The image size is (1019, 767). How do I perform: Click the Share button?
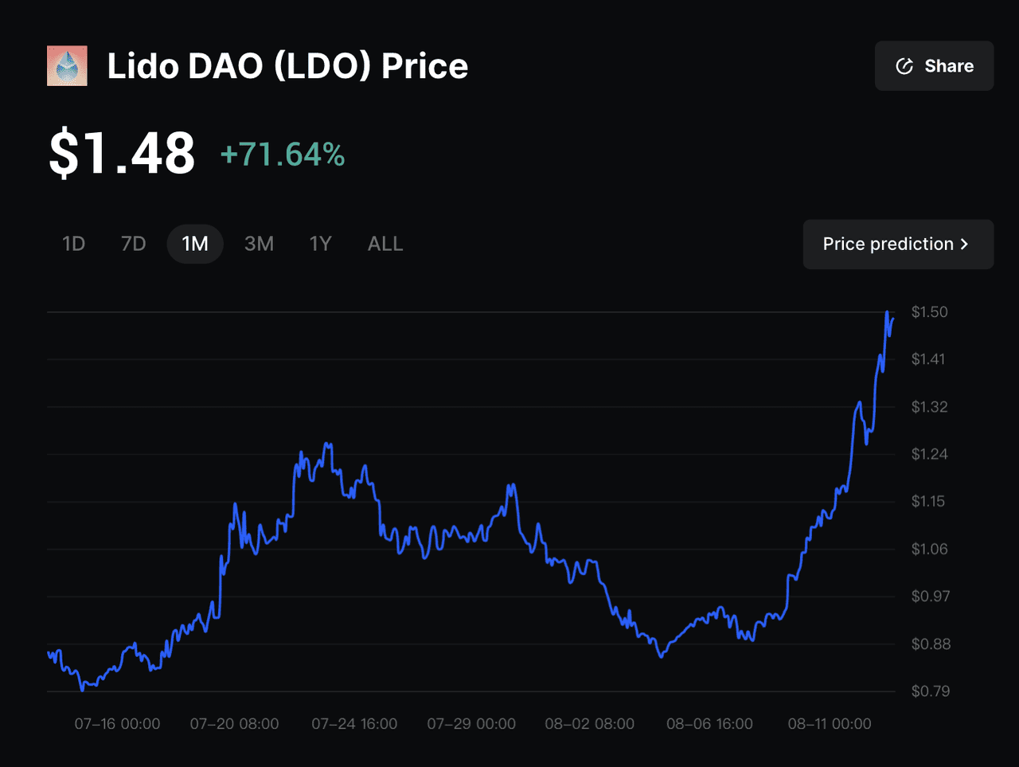(934, 66)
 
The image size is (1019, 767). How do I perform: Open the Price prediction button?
(897, 245)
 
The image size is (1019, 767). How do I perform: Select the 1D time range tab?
(73, 244)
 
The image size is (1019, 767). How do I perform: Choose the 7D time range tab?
(133, 244)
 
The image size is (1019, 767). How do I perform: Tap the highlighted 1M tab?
(195, 244)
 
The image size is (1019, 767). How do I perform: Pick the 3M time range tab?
(259, 244)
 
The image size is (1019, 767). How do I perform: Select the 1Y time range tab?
(320, 244)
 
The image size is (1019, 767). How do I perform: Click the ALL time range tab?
(385, 244)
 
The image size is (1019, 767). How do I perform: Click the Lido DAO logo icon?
(68, 66)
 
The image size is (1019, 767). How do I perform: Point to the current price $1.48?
(122, 154)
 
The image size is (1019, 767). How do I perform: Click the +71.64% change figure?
(283, 155)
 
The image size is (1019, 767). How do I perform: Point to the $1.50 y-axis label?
(929, 312)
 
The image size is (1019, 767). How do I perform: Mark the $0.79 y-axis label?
(930, 691)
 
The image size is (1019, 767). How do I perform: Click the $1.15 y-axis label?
(929, 502)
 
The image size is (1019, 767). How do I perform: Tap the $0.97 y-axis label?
(930, 597)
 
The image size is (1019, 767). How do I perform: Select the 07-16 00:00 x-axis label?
(117, 724)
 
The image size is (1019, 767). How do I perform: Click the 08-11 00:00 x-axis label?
(829, 724)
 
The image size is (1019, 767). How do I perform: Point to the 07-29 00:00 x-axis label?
(471, 724)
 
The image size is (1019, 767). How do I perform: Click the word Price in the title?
(424, 66)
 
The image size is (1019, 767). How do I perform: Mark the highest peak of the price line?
(887, 312)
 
